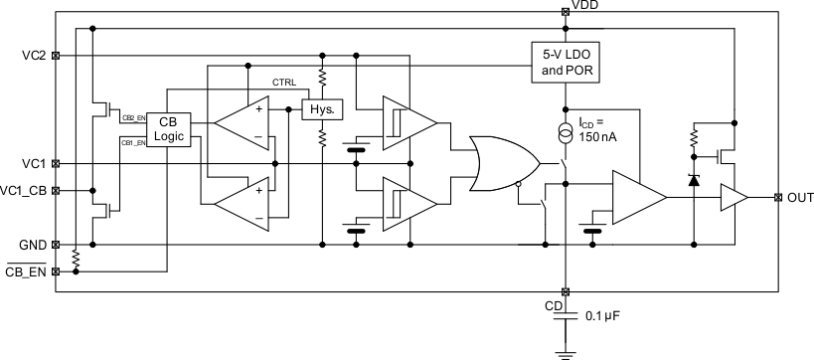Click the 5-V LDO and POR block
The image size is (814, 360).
tap(565, 62)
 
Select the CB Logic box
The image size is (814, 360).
tap(167, 128)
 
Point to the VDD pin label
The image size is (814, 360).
tap(585, 6)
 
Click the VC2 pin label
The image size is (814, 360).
tap(32, 56)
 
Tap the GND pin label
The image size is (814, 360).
tap(31, 244)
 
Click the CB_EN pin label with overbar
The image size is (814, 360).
tap(27, 270)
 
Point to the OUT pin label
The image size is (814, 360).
tap(799, 197)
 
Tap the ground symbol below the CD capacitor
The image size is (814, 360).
tap(565, 351)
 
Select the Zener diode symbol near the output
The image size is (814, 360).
tap(693, 180)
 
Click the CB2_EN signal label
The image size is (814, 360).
tap(133, 117)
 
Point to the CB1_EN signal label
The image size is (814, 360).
tap(133, 143)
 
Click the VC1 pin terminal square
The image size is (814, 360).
tap(56, 163)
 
